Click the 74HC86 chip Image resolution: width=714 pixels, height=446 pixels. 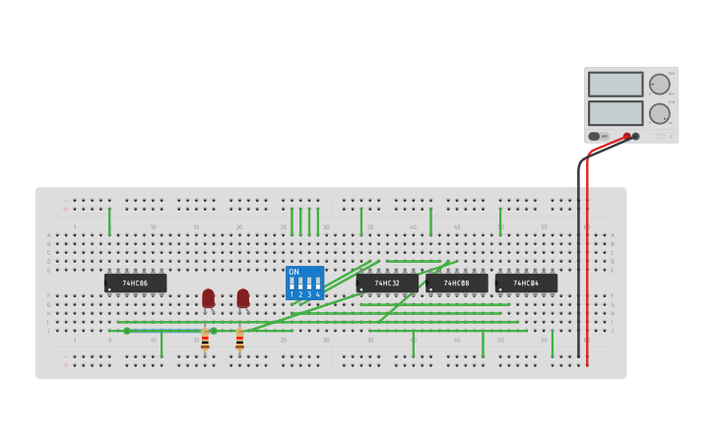click(x=135, y=284)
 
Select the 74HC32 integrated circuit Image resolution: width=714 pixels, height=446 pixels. click(x=387, y=284)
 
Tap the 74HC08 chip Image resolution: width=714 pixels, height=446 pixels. click(x=456, y=284)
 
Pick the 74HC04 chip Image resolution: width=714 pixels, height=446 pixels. click(x=526, y=284)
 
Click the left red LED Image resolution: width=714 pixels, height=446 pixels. click(x=208, y=297)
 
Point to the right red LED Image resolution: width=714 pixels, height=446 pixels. click(x=243, y=297)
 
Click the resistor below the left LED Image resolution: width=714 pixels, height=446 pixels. click(x=205, y=340)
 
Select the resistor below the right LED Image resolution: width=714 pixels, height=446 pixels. click(x=239, y=340)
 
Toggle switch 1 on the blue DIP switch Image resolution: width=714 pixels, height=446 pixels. click(x=292, y=284)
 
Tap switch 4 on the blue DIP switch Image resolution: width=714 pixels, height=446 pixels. click(x=317, y=284)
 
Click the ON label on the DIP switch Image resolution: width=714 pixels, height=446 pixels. click(x=293, y=272)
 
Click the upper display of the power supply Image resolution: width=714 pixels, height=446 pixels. click(x=616, y=85)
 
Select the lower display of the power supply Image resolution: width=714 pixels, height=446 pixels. click(x=616, y=112)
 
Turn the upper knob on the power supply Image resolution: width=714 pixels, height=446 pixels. click(x=659, y=85)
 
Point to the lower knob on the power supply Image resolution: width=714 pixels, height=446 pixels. click(x=659, y=113)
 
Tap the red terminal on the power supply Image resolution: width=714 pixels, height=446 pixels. click(x=626, y=136)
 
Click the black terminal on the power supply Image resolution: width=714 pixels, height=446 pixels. click(x=636, y=136)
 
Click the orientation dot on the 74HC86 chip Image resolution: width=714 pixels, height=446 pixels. click(x=109, y=289)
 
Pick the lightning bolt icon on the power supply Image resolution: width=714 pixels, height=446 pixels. click(x=672, y=136)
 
